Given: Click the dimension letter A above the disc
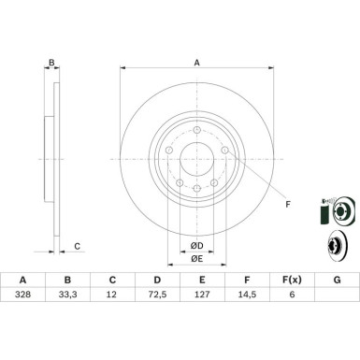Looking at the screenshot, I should tap(196, 64).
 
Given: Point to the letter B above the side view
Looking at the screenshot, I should tap(52, 64).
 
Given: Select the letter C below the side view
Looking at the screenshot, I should tap(78, 246).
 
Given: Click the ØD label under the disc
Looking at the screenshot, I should tap(196, 245).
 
